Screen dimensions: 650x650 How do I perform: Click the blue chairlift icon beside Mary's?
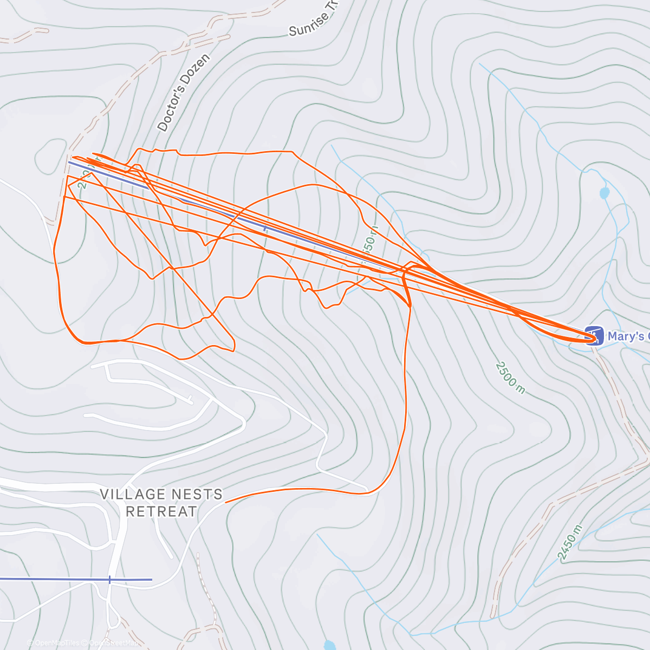[x=594, y=335]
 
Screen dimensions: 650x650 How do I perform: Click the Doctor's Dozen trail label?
[x=183, y=93]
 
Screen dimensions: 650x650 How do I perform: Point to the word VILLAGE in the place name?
[x=133, y=494]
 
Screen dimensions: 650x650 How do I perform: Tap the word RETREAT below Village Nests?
[x=161, y=511]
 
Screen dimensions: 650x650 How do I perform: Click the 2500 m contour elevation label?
[x=510, y=378]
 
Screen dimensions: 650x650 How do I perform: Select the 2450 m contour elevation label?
[x=570, y=542]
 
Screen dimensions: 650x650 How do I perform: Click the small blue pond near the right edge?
[x=604, y=193]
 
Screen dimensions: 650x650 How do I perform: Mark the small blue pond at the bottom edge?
[x=329, y=645]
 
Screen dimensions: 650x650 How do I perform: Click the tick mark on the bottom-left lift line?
[x=109, y=579]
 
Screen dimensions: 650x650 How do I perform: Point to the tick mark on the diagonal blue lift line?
[x=265, y=228]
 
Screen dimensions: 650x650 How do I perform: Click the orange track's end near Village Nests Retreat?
[x=225, y=502]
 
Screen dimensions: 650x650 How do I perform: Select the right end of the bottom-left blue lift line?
[x=152, y=579]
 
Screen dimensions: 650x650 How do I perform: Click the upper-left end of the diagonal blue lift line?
[x=69, y=162]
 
